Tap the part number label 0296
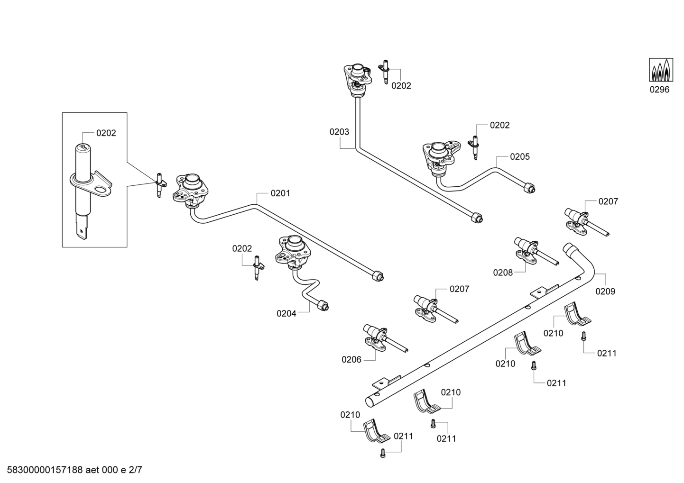(x=659, y=90)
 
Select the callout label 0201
(x=280, y=193)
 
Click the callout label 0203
(x=339, y=132)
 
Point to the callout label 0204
(x=287, y=314)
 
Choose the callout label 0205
(x=520, y=157)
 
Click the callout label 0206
(x=351, y=360)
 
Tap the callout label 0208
(x=503, y=273)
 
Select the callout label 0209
(x=606, y=292)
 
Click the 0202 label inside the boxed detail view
(x=106, y=133)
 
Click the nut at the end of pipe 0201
(x=378, y=276)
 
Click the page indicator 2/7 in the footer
(x=135, y=470)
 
